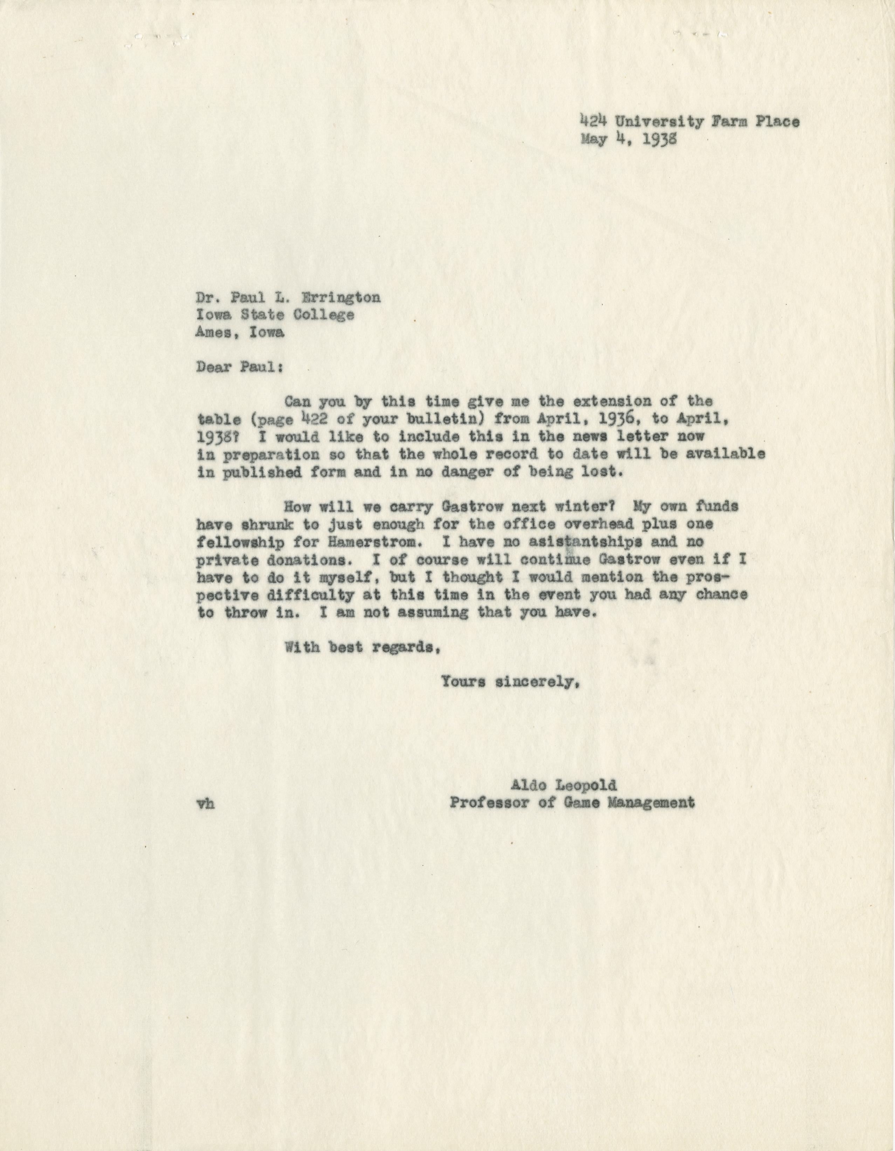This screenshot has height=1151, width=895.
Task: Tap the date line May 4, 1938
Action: coord(629,139)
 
